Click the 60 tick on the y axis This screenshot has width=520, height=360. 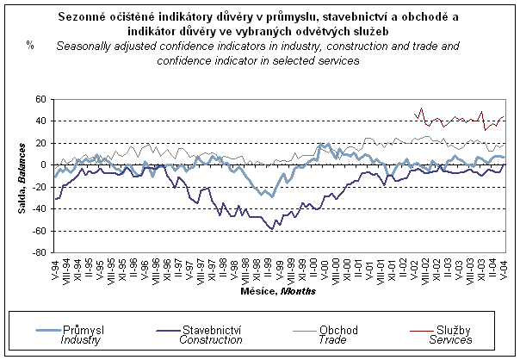click(40, 99)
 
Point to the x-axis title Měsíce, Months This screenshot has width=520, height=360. click(278, 291)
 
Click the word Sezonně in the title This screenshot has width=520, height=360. click(85, 16)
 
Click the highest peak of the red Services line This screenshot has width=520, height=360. click(421, 109)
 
